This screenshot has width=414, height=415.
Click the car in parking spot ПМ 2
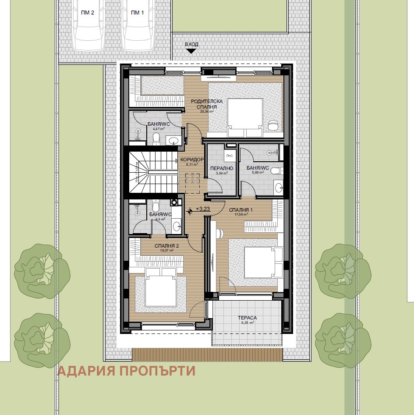pos(89,26)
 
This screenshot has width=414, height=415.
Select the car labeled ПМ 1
pos(138,26)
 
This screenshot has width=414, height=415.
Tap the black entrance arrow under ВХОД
pos(191,51)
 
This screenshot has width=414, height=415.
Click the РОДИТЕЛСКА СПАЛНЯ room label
pos(207,104)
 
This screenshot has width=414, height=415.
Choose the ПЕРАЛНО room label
pos(221,168)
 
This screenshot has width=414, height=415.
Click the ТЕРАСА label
pos(247,318)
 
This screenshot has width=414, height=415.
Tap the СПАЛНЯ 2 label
pos(166,246)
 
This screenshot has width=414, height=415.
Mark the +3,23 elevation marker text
pos(204,209)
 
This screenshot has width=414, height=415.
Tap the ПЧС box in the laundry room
pos(229,156)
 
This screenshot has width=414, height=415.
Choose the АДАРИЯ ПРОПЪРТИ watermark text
pos(127,371)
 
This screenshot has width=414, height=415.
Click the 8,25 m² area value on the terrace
pos(247,323)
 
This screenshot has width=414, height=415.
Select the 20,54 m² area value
pos(207,112)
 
